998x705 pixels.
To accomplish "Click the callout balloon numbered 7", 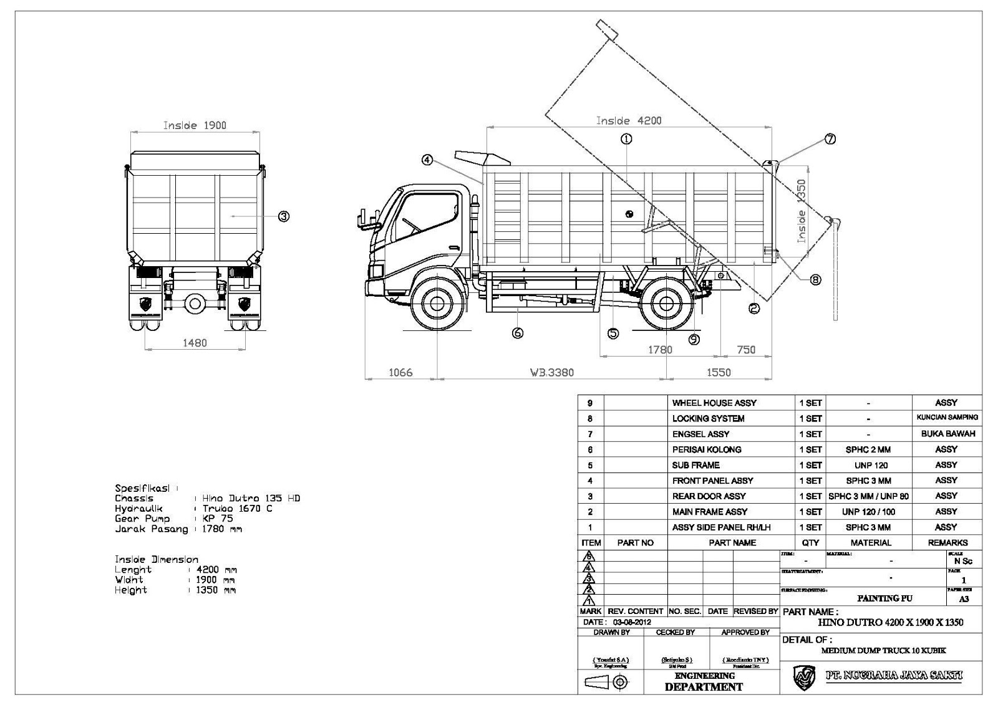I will pos(830,140).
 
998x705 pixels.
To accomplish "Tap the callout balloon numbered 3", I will pos(283,216).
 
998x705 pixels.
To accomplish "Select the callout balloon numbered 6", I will pos(517,333).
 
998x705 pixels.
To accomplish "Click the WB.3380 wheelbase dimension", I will pos(551,372).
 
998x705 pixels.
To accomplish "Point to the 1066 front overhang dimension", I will pos(400,372).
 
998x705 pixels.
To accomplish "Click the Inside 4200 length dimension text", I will pos(628,120).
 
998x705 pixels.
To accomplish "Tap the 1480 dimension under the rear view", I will pos(195,342).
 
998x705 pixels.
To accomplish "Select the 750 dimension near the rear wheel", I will pos(746,350).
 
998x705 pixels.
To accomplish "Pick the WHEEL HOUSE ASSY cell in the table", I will pos(714,403).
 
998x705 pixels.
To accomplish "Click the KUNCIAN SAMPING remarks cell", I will pos(947,418).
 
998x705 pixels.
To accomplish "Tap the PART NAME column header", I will pos(732,543).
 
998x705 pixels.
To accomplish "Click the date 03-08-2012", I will pos(632,622).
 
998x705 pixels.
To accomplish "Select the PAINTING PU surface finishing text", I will pos(884,598).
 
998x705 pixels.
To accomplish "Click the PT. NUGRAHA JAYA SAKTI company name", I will pos(894,675).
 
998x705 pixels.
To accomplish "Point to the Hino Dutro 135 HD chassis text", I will pos(251,498).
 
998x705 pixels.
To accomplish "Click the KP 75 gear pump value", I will pos(217,519).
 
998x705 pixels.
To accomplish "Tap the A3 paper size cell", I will pos(964,599).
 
